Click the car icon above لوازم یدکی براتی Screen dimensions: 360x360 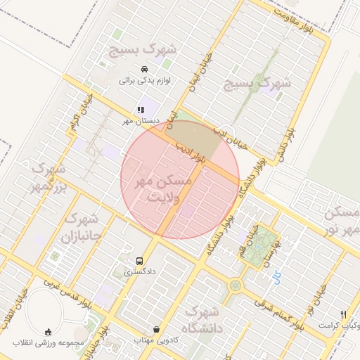point(144,69)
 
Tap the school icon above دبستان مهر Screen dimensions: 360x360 point(141,110)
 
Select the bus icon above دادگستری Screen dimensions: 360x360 point(139,259)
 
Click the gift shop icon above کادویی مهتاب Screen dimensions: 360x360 point(155,329)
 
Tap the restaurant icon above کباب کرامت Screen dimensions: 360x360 point(343,314)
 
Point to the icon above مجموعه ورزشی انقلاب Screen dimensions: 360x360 point(48,332)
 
